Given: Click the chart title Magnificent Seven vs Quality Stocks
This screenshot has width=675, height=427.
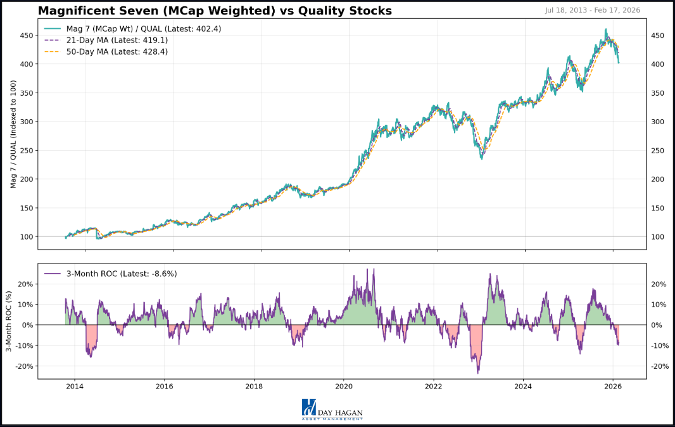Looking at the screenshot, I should [x=215, y=11].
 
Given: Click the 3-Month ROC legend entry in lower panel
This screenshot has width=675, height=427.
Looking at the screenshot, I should [x=111, y=274].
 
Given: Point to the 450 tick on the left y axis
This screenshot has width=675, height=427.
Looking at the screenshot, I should [x=27, y=35].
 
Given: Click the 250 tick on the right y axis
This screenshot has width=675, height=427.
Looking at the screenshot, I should [x=657, y=151].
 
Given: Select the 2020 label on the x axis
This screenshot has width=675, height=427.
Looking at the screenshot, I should [x=344, y=386].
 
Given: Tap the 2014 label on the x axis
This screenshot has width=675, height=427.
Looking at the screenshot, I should [x=75, y=386].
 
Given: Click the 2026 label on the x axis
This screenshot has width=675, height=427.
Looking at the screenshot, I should [x=612, y=386].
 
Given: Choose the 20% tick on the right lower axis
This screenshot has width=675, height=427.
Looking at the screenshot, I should [x=659, y=284].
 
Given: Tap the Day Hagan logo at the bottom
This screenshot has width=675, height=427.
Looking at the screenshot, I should [x=332, y=409].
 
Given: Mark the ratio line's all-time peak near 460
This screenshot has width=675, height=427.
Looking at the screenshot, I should [x=606, y=29].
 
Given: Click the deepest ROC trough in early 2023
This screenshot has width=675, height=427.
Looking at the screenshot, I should [x=478, y=372].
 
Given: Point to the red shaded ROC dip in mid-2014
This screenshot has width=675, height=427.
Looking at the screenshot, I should [x=90, y=342].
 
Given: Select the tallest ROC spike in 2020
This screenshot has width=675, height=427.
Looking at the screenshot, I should [x=374, y=269].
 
